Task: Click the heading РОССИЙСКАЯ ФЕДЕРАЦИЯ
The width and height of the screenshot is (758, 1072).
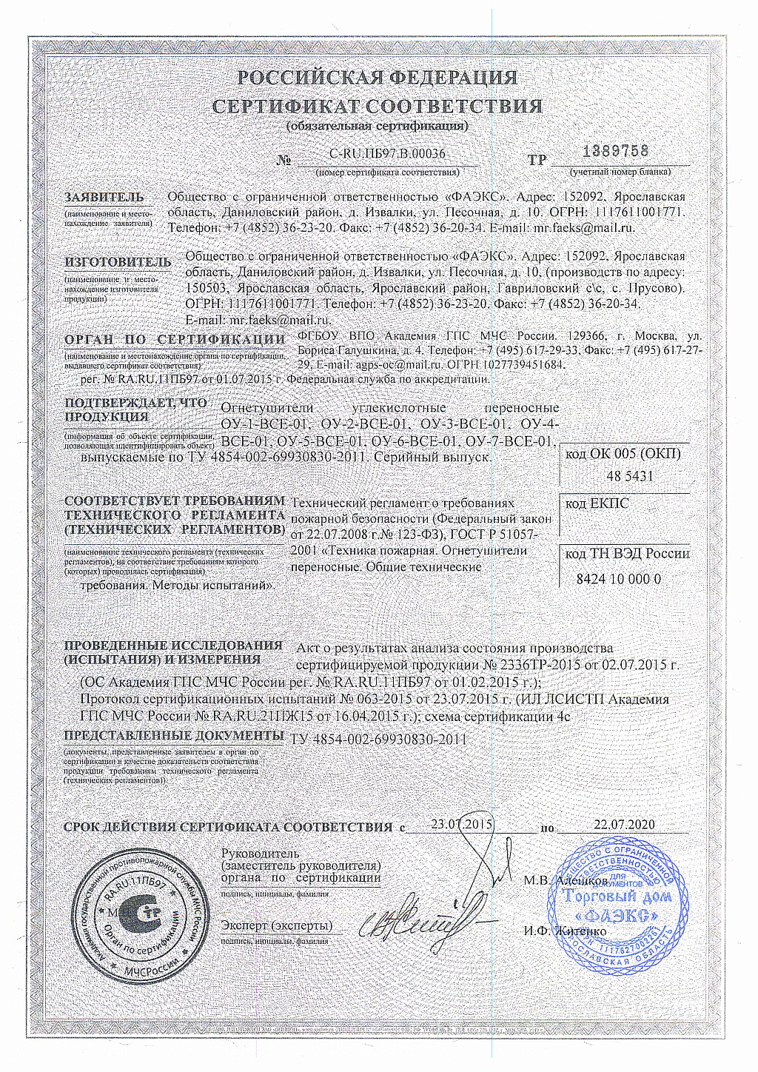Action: [378, 78]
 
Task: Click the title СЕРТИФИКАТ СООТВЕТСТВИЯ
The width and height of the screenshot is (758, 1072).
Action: [378, 106]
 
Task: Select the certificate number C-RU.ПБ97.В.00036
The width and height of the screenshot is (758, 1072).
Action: [386, 154]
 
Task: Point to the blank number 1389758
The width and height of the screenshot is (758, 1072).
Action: [615, 150]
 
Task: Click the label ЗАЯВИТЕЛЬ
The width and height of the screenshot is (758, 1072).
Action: [104, 198]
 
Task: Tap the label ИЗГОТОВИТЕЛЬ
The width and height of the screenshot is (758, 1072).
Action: [118, 262]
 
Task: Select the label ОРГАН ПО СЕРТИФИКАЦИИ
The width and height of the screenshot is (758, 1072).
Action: [175, 339]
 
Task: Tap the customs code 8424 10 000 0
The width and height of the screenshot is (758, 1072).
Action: [618, 579]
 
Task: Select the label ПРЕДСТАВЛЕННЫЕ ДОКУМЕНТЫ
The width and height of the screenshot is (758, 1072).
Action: [174, 735]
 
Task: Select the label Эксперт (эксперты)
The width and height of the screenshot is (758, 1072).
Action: [277, 925]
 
